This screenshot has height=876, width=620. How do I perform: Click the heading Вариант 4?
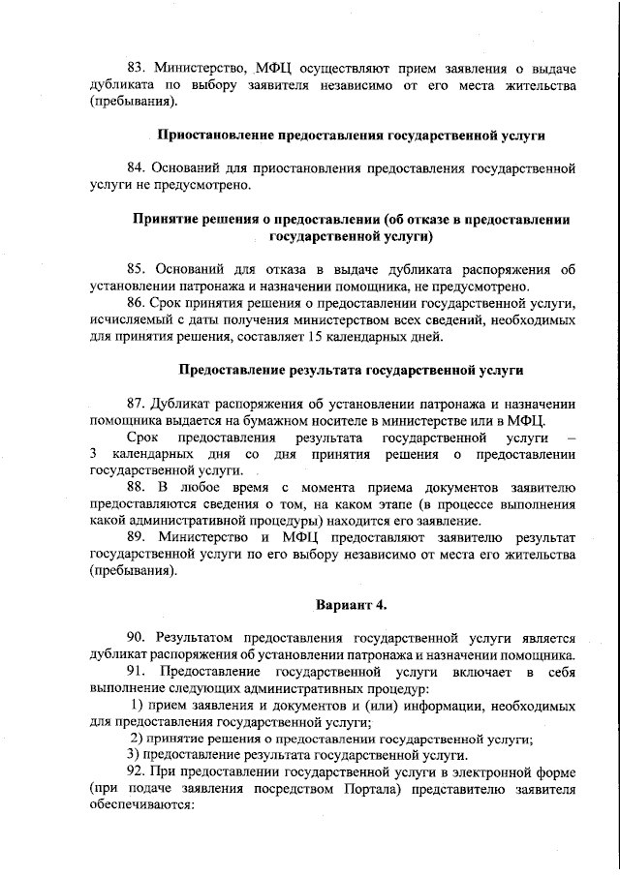352,605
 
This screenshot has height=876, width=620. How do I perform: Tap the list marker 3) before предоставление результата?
136,755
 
